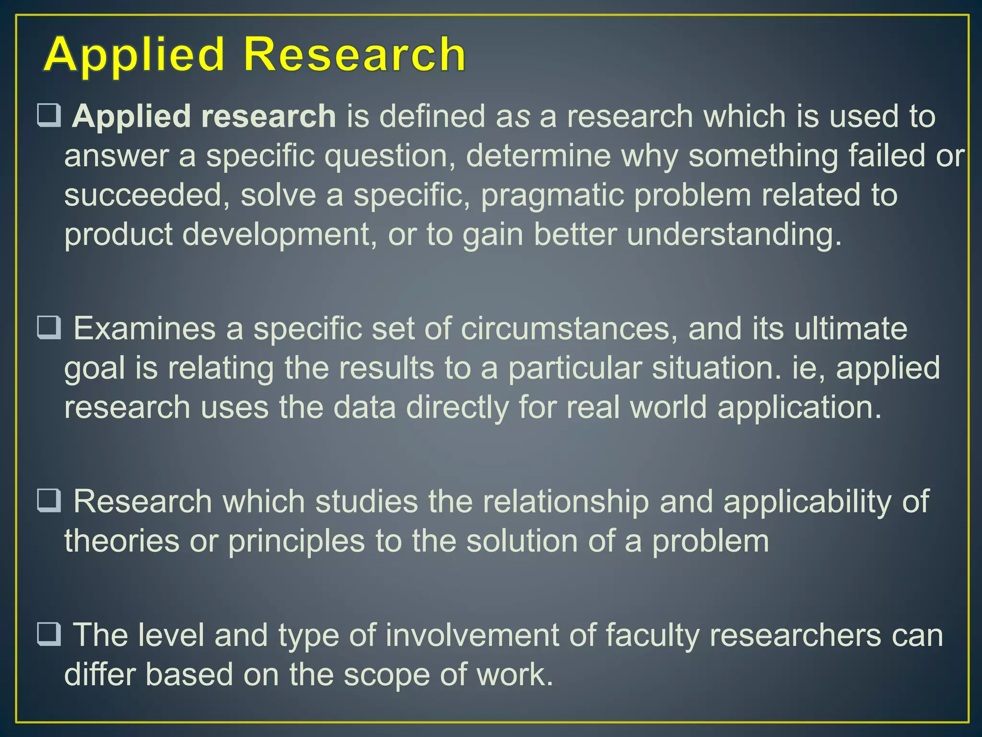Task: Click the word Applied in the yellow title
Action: [x=135, y=55]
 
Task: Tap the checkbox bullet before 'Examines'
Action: [x=49, y=328]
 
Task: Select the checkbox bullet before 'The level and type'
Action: [x=49, y=634]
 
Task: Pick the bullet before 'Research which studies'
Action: [x=49, y=500]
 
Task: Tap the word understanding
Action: [x=734, y=235]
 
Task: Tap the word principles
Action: [x=296, y=542]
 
